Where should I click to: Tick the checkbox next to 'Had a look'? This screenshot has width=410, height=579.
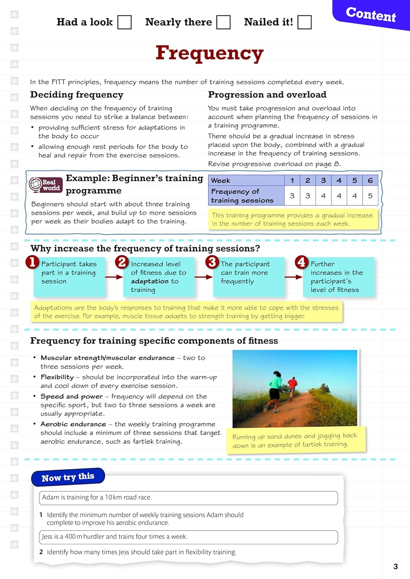pos(124,22)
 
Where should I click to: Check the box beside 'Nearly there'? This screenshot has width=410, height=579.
pos(223,22)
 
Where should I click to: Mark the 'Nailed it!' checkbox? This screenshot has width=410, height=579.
pos(305,22)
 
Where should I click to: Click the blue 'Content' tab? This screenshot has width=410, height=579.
pos(371,15)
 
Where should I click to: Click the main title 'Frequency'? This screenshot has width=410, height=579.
pos(209,53)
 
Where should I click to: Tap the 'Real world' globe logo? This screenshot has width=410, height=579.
pos(36,185)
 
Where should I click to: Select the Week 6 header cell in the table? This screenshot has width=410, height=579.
pos(370,180)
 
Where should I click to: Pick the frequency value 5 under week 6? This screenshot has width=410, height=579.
pos(370,196)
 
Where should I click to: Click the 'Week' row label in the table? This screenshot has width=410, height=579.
pos(221,180)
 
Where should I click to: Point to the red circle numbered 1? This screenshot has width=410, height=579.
pos(32,262)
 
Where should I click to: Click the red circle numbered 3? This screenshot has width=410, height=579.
pos(212,262)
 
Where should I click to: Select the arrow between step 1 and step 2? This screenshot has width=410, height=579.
pos(114,277)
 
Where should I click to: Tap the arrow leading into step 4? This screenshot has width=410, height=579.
pos(294,277)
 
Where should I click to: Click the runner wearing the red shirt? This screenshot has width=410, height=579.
pos(293,387)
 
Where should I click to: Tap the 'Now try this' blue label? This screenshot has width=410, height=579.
pos(68,477)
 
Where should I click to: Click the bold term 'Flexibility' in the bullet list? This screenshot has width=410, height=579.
pos(57,377)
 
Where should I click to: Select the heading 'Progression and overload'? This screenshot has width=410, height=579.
pos(267,95)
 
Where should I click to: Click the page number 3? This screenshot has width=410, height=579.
pos(395,566)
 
